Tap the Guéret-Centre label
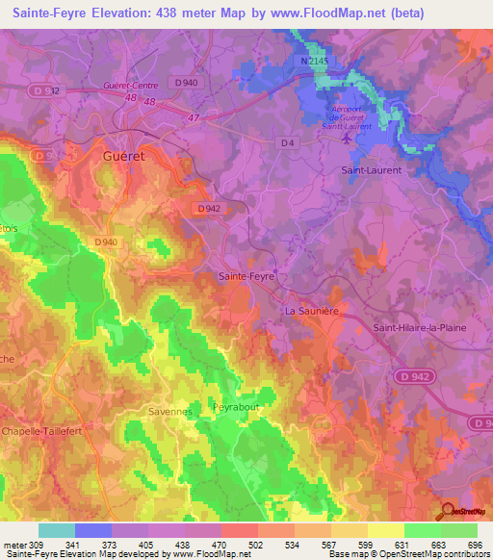click(x=129, y=86)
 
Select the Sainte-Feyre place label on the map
click(x=248, y=276)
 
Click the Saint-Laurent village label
click(x=372, y=169)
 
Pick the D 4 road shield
click(x=286, y=143)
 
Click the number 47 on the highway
click(x=195, y=117)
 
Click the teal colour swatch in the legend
click(x=56, y=530)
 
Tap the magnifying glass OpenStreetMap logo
click(x=446, y=512)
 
